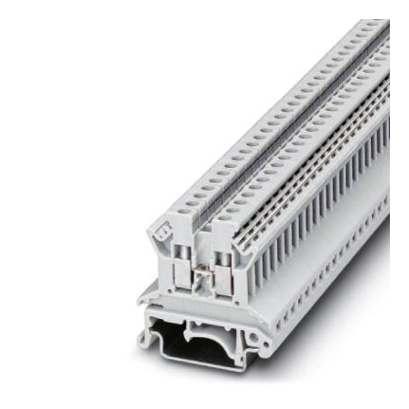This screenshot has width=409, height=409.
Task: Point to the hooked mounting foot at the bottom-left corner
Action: [x=145, y=342]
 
